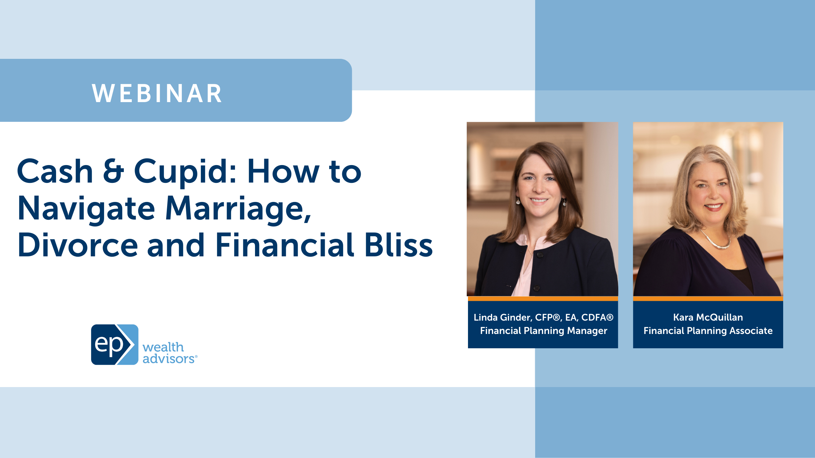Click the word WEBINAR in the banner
tap(157, 94)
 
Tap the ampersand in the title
tap(113, 172)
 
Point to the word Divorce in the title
tap(78, 245)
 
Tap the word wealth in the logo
tap(163, 347)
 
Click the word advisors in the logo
tap(169, 359)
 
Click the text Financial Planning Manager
tap(543, 331)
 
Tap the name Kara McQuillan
tap(708, 317)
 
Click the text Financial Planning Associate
tap(708, 331)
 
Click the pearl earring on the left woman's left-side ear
tap(518, 202)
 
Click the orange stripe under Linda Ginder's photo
tap(543, 298)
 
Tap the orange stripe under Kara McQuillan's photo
tap(708, 298)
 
